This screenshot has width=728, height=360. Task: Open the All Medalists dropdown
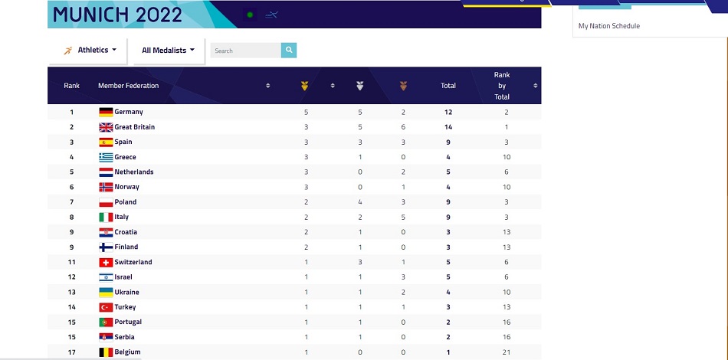(168, 51)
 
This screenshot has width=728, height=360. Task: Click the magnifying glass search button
(289, 51)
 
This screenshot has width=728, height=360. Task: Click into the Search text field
(245, 51)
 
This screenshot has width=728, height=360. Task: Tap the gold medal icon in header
(304, 86)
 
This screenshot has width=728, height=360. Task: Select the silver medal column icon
(359, 86)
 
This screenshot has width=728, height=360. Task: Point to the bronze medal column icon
(403, 86)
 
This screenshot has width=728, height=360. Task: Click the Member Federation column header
(129, 86)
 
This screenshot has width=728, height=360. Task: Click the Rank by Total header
(502, 86)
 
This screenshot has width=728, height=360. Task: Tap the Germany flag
(106, 113)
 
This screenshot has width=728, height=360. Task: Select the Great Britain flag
(106, 127)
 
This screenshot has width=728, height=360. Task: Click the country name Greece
(125, 157)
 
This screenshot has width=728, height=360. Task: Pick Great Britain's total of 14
(448, 127)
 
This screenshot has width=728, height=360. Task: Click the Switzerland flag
(106, 262)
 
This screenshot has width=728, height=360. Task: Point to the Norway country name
(126, 187)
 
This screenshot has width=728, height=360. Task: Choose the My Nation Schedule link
(608, 26)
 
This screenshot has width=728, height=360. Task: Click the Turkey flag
(106, 307)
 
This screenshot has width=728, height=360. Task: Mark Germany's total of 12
(448, 113)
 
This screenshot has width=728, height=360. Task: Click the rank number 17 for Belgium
(71, 352)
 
